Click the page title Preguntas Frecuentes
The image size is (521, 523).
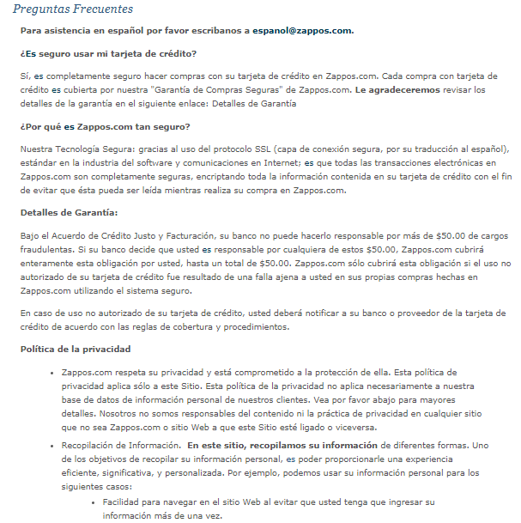73,9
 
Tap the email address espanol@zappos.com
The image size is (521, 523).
302,31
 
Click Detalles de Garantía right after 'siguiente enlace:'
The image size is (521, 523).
255,104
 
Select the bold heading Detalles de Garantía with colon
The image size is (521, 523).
70,212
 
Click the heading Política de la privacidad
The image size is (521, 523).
76,350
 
